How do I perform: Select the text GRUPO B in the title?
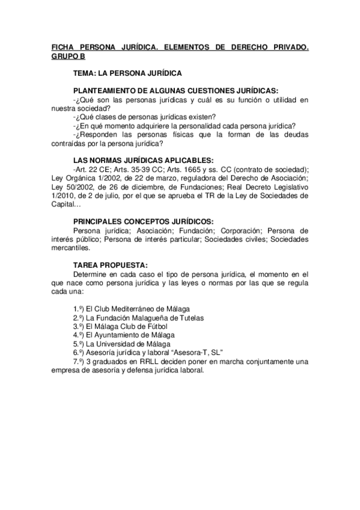click(67, 55)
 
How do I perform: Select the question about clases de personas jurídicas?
click(144, 116)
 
